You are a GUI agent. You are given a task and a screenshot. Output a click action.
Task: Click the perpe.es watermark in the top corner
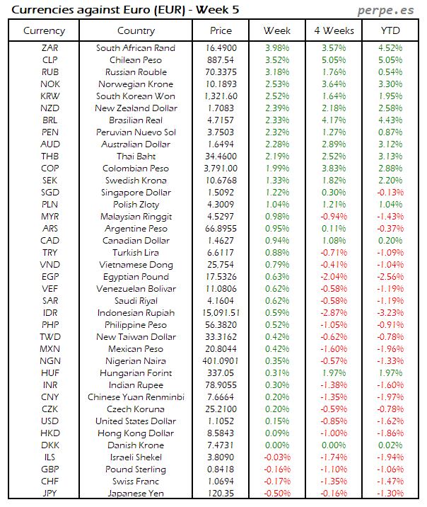387,10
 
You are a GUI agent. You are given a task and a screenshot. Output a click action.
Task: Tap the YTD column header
390,31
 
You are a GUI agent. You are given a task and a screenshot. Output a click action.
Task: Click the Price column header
221,31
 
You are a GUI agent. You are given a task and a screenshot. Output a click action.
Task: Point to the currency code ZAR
50,47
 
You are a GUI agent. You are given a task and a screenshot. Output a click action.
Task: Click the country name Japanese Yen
136,493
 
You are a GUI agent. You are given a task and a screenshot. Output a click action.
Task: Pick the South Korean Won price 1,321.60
221,96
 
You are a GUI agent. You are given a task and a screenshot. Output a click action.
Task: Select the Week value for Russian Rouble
276,72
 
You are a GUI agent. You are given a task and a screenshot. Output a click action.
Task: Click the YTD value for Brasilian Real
390,120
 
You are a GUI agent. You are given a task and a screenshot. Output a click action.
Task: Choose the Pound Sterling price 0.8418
221,469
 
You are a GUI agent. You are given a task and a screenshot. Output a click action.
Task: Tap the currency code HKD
50,433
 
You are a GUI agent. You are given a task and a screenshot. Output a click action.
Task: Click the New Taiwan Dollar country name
136,336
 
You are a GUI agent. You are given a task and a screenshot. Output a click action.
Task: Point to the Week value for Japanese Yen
276,493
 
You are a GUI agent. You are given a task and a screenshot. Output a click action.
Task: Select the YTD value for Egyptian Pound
390,276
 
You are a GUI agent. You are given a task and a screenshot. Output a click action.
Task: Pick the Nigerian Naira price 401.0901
221,360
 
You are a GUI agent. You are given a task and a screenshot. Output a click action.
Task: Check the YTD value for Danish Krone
390,445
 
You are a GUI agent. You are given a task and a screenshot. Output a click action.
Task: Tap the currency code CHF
50,481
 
